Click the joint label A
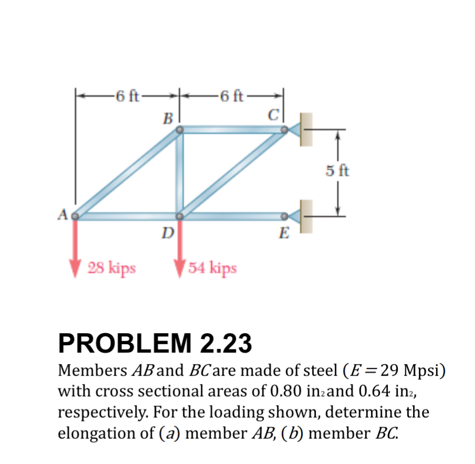[62, 214]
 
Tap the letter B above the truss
[168, 118]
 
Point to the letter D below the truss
[167, 232]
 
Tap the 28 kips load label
[111, 268]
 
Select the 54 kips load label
[212, 268]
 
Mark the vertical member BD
[180, 172]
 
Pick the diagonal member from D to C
[232, 172]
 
